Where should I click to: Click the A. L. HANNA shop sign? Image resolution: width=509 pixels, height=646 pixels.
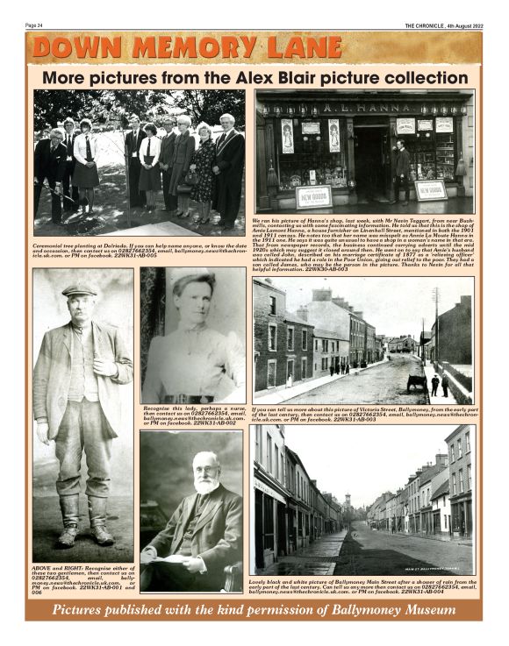(362, 108)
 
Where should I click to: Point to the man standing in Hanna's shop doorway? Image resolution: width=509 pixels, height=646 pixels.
(400, 164)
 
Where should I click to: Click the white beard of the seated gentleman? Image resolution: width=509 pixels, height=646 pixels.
(204, 482)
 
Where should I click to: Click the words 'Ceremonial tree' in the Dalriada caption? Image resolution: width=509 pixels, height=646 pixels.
(54, 246)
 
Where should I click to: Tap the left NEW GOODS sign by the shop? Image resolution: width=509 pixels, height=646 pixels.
(314, 195)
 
